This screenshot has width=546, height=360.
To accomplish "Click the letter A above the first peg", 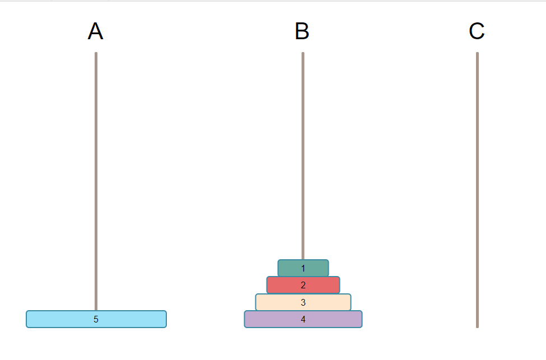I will [96, 32].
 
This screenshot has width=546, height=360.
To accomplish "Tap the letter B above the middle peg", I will [302, 32].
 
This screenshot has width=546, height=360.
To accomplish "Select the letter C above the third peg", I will [477, 32].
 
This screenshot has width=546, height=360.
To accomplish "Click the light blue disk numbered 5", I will [62, 319].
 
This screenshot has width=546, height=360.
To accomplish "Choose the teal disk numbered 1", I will [291, 268].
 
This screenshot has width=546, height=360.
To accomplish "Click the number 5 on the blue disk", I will [96, 319].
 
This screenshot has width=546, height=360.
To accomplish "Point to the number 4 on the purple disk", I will [303, 319].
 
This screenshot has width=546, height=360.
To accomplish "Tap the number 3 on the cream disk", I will [303, 302].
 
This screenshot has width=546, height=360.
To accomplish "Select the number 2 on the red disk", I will [303, 285].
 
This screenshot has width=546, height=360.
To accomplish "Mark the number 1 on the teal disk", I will [303, 268].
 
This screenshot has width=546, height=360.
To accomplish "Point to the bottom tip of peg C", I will [477, 326].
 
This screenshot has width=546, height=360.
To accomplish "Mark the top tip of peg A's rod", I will [96, 54].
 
